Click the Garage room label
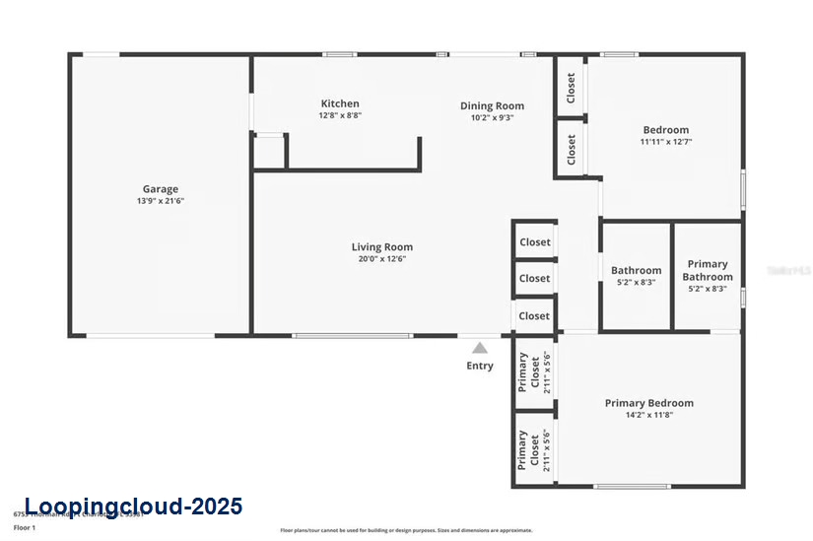pyautogui.click(x=161, y=189)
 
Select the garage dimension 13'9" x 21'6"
pyautogui.click(x=161, y=201)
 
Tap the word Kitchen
pyautogui.click(x=340, y=103)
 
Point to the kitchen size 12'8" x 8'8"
pyautogui.click(x=340, y=115)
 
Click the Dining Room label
pyautogui.click(x=492, y=105)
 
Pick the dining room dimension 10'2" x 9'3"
pyautogui.click(x=492, y=117)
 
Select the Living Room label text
pyautogui.click(x=382, y=247)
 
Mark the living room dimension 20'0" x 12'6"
pyautogui.click(x=382, y=259)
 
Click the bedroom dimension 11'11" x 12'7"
pyautogui.click(x=666, y=142)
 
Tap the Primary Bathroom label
pyautogui.click(x=708, y=270)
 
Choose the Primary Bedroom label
pyautogui.click(x=648, y=403)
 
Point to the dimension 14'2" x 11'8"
pyautogui.click(x=648, y=415)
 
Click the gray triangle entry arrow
pyautogui.click(x=479, y=348)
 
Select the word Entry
pyautogui.click(x=480, y=367)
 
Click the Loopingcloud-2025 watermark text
pyautogui.click(x=133, y=507)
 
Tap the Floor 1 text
pyautogui.click(x=25, y=528)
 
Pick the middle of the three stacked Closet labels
pyautogui.click(x=535, y=279)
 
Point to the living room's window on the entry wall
pyautogui.click(x=352, y=336)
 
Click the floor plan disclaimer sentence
pyautogui.click(x=406, y=529)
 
